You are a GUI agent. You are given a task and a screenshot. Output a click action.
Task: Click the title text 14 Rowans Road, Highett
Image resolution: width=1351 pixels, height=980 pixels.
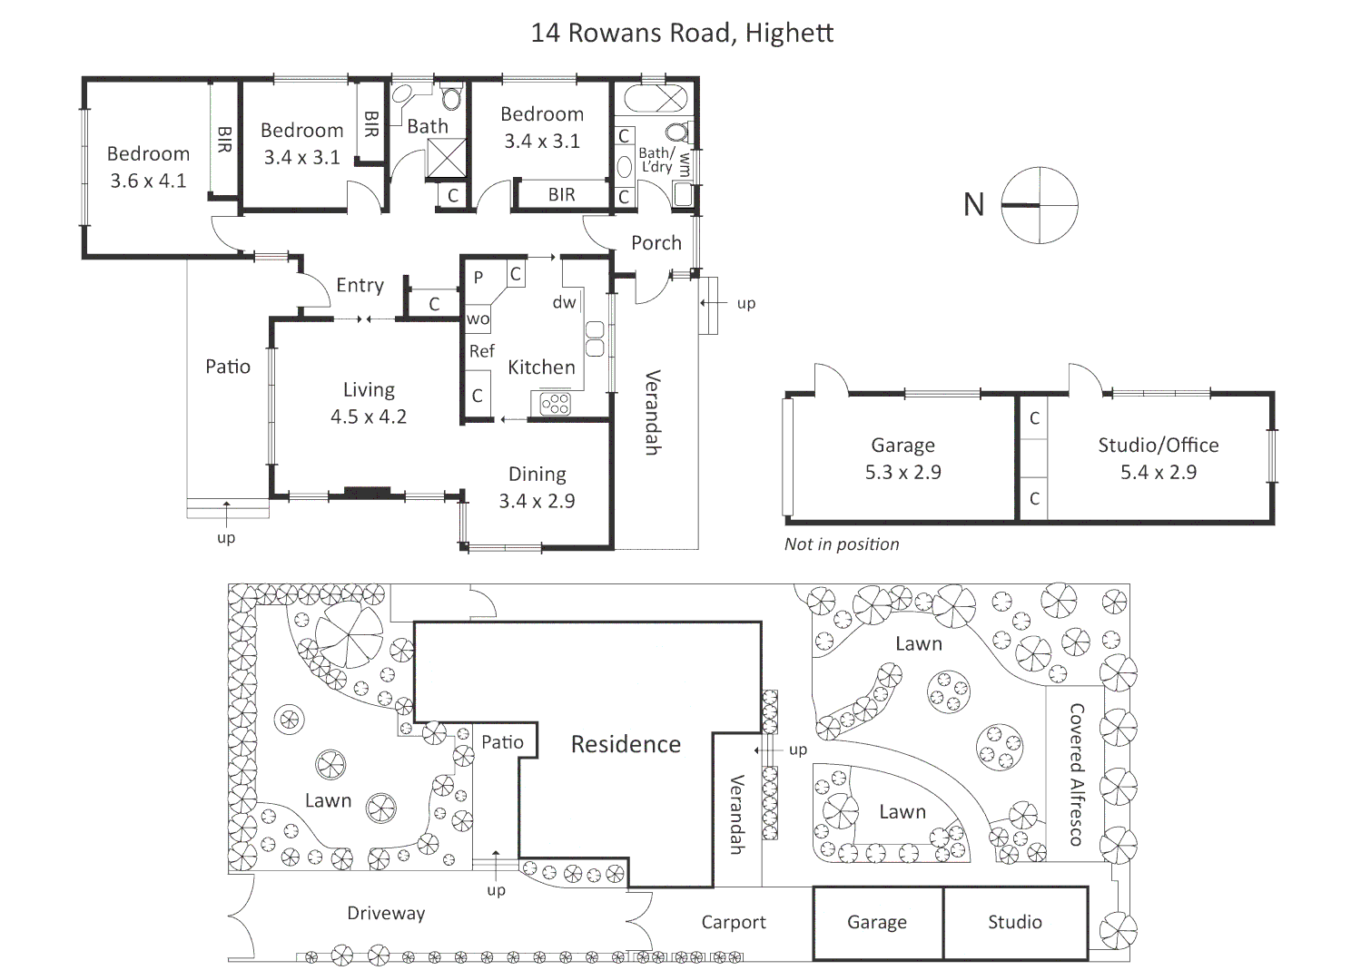pos(682,34)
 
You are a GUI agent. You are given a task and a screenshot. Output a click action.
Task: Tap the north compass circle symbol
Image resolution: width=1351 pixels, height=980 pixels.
pos(1040,205)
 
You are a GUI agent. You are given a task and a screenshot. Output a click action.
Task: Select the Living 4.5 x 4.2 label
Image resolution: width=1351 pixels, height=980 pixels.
pos(369,403)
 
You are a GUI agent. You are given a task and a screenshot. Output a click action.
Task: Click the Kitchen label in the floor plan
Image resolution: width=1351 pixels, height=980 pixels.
pos(541,367)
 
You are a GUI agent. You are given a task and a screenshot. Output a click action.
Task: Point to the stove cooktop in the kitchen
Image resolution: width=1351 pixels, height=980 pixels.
pos(555,403)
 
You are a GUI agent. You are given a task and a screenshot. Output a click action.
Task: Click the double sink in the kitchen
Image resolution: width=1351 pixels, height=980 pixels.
pos(595,338)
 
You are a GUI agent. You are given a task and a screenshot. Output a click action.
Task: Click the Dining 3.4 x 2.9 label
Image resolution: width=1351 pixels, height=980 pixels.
pos(537,487)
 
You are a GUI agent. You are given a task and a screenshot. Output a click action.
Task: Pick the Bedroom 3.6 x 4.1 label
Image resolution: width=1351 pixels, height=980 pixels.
pos(148,167)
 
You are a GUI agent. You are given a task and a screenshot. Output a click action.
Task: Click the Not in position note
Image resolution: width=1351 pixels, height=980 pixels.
pos(842,544)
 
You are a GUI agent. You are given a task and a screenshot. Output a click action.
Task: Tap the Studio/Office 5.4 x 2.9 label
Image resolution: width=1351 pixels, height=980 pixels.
pos(1158,458)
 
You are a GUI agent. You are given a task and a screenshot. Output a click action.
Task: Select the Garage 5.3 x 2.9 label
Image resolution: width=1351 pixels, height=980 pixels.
pos(902,458)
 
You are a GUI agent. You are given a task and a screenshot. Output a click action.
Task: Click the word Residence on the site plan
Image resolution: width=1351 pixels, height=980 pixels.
pos(626,745)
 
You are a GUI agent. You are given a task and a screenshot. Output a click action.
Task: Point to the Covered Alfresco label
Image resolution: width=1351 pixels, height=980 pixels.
pos(1077,774)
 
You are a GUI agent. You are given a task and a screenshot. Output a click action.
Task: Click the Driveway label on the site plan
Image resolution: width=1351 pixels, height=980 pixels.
pos(386,914)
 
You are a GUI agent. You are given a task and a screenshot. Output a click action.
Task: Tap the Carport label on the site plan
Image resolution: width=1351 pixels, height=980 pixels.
pos(734,923)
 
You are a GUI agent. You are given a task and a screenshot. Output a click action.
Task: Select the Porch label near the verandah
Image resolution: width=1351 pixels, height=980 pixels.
pos(656,243)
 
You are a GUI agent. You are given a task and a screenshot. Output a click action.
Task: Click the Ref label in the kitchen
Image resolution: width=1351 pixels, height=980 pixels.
pos(481,351)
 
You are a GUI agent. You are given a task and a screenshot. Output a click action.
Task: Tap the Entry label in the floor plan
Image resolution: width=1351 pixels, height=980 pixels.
pos(360,286)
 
